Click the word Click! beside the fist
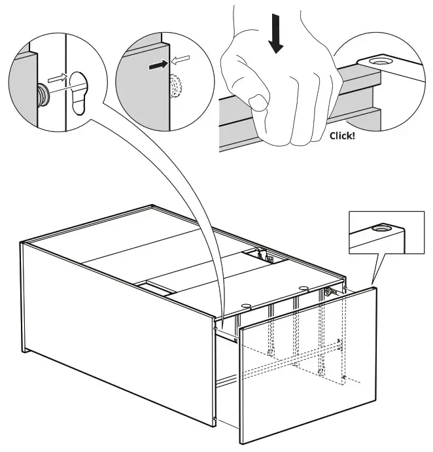(x=342, y=136)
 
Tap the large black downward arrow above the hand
(x=276, y=34)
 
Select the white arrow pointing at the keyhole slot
(x=58, y=78)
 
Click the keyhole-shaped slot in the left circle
(x=78, y=93)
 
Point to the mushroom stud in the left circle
(x=44, y=95)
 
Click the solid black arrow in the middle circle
(x=158, y=65)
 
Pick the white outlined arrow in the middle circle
(x=181, y=60)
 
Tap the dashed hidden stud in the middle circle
(x=175, y=86)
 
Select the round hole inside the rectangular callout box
(x=381, y=228)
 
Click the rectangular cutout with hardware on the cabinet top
(x=265, y=255)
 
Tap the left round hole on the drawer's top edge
(x=246, y=305)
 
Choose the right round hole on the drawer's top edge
(x=303, y=288)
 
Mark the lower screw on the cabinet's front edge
(x=215, y=418)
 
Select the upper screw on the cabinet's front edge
(x=215, y=328)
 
